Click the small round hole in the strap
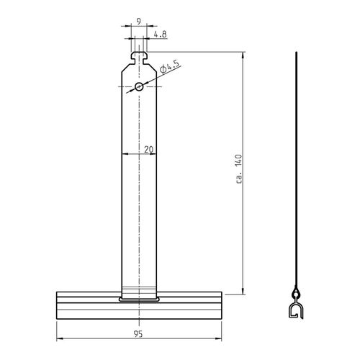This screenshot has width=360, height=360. pyautogui.click(x=139, y=87)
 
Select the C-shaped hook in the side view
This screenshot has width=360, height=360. pyautogui.click(x=295, y=311)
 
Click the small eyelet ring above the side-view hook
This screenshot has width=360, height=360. pyautogui.click(x=295, y=294)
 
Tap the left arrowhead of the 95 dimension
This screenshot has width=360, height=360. pyautogui.click(x=58, y=339)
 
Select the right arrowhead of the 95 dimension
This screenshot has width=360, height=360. pyautogui.click(x=221, y=339)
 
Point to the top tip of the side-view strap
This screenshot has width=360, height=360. pyautogui.click(x=295, y=54)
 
